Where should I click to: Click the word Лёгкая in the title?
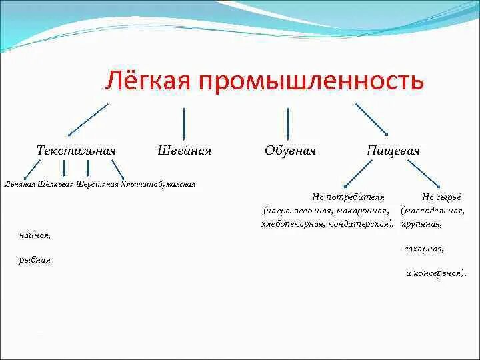pyautogui.click(x=145, y=81)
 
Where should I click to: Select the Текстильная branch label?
pyautogui.click(x=76, y=151)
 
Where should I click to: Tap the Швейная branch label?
pyautogui.click(x=184, y=151)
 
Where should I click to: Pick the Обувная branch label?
pyautogui.click(x=290, y=151)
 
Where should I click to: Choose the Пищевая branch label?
pyautogui.click(x=393, y=151)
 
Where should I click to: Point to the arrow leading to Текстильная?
pyautogui.click(x=87, y=119)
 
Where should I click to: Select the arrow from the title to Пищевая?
pyautogui.click(x=372, y=119)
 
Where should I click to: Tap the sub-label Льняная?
pyautogui.click(x=19, y=185)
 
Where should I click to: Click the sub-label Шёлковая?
pyautogui.click(x=57, y=185)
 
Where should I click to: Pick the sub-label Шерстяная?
pyautogui.click(x=97, y=185)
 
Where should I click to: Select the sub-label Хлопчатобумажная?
pyautogui.click(x=158, y=185)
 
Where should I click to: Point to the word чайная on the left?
pyautogui.click(x=35, y=235)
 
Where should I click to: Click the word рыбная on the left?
pyautogui.click(x=35, y=260)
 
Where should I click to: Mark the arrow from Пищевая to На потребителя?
pyautogui.click(x=361, y=175)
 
